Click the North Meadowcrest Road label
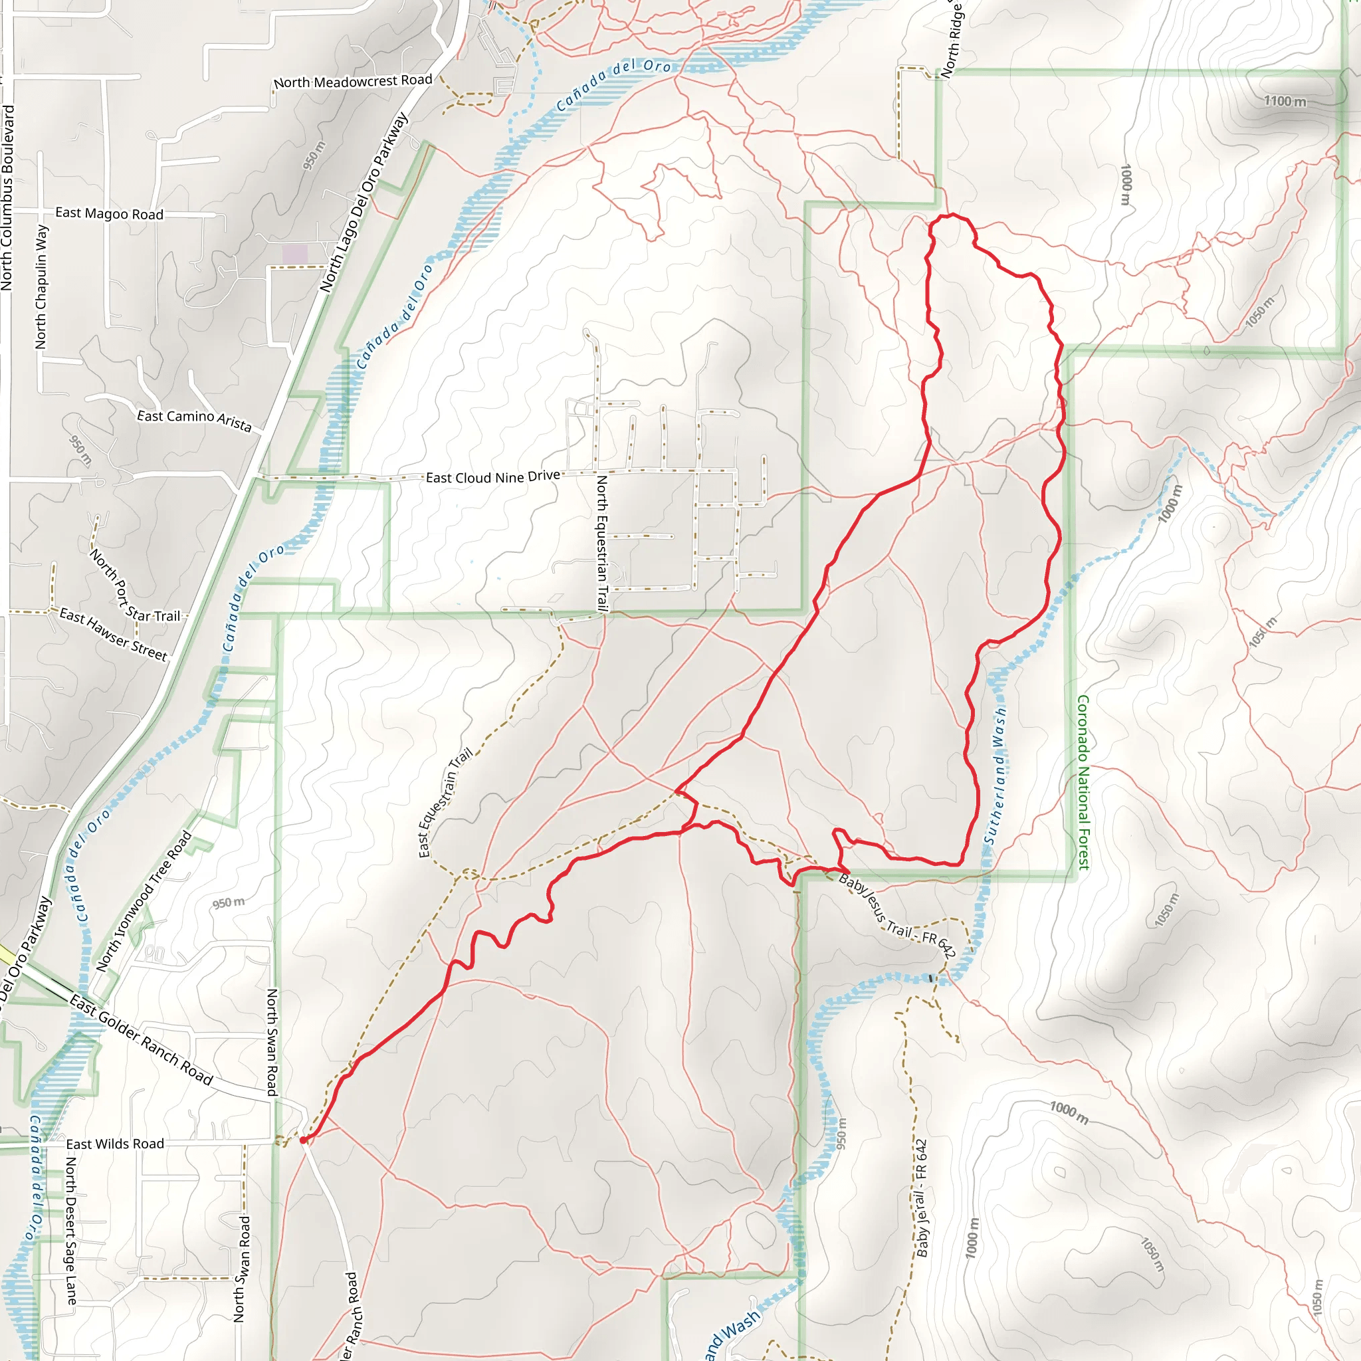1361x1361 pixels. click(353, 82)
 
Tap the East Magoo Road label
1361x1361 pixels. click(109, 213)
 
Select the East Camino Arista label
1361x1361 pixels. click(195, 420)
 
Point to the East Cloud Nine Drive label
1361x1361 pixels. click(493, 477)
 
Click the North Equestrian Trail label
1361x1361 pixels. click(602, 543)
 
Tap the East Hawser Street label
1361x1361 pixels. click(114, 635)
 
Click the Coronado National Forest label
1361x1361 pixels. click(1083, 782)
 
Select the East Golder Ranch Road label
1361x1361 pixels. click(141, 1039)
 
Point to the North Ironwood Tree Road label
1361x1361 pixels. click(144, 902)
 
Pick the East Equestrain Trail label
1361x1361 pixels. click(445, 803)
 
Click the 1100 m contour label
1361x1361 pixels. click(1285, 102)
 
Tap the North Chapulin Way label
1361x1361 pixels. click(42, 286)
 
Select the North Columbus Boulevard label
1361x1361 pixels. click(7, 197)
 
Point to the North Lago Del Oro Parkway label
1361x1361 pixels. click(364, 203)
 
